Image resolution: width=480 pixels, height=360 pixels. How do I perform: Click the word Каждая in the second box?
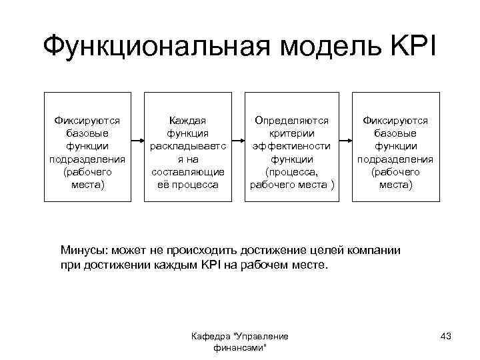coord(187,121)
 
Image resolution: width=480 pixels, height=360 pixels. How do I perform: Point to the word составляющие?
coord(187,171)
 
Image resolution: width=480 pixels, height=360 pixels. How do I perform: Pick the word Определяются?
coord(291,121)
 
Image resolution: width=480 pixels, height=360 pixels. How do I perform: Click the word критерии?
coord(291,133)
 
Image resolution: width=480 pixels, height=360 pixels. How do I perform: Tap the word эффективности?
coord(291,146)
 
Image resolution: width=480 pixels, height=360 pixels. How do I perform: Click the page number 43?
coord(446,336)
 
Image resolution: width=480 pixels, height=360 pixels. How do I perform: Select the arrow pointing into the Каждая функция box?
coord(137,141)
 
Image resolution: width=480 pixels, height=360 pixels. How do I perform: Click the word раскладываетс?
coord(187,146)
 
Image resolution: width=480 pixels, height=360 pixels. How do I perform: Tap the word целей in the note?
coord(329,251)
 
